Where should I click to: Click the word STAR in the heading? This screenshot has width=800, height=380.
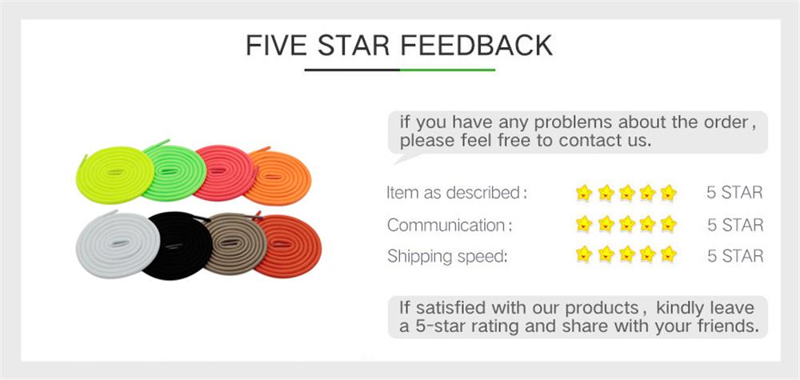coord(353,45)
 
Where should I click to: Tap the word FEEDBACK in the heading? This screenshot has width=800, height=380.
coord(476,45)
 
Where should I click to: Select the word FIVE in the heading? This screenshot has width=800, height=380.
coord(277,45)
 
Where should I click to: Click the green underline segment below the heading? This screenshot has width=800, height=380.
coord(447,70)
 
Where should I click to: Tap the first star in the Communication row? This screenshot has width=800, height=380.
coord(584,225)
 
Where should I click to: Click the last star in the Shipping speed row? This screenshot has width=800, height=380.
coord(669,256)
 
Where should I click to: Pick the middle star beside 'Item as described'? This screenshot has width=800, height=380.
coord(626,193)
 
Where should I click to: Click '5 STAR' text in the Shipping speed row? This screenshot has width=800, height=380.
coord(735,257)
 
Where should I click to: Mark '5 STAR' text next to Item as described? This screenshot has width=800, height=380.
coord(735,193)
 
